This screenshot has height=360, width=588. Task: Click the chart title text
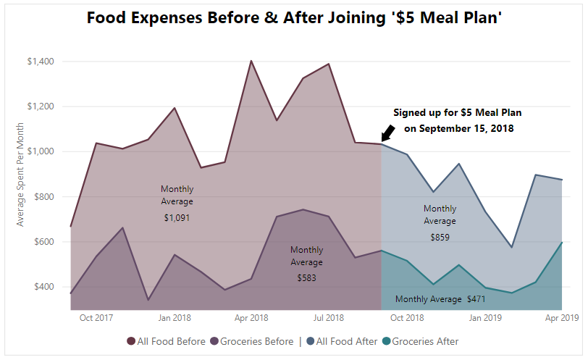(294, 18)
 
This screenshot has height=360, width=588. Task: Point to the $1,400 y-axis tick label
(40, 62)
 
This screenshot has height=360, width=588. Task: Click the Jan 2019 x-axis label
(484, 317)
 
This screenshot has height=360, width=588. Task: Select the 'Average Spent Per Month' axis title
(20, 174)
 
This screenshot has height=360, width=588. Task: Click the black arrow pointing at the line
(387, 133)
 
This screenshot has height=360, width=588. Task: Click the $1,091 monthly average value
(177, 217)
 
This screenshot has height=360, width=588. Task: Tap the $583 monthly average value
(306, 277)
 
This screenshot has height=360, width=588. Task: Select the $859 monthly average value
(440, 237)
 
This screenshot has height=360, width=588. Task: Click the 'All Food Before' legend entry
(165, 341)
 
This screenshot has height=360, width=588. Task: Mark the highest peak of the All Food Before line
(251, 61)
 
